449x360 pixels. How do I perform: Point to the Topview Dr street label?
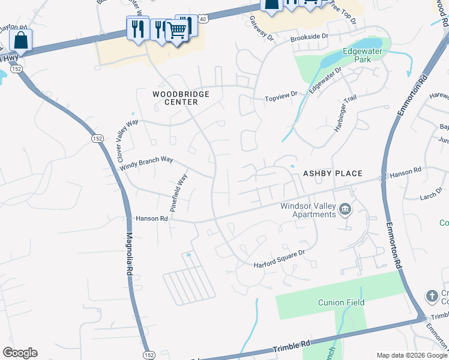click(x=282, y=95)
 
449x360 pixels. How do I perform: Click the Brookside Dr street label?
click(x=309, y=37)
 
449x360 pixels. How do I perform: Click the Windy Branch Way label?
click(x=146, y=164)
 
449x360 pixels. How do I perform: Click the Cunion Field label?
click(x=341, y=302)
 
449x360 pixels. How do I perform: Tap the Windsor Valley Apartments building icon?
click(x=345, y=209)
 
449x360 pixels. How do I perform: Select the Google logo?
click(x=20, y=352)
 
